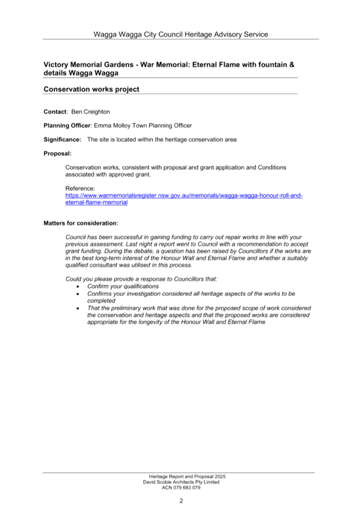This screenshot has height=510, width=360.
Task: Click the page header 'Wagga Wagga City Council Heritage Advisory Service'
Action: (181, 34)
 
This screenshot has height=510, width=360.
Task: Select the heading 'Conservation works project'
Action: (91, 89)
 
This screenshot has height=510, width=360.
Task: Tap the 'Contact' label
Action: (55, 112)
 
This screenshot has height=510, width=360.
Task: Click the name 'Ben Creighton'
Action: (91, 112)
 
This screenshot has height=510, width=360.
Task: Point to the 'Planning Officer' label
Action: (67, 126)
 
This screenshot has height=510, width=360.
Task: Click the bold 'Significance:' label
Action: (63, 140)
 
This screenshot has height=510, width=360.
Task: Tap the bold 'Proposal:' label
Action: (58, 153)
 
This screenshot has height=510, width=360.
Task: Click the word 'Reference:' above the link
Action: (80, 188)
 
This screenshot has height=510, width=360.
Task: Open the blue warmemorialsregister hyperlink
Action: (184, 198)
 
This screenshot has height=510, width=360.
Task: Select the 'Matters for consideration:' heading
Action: (81, 223)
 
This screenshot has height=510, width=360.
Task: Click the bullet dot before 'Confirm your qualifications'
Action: (78, 286)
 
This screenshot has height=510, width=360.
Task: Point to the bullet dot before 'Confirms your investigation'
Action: (78, 294)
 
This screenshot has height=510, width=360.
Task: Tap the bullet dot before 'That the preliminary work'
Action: (78, 309)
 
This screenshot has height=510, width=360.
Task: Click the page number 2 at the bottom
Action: (181, 501)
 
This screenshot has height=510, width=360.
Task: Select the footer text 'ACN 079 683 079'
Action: (181, 488)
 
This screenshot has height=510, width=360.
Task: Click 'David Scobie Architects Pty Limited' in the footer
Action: (181, 482)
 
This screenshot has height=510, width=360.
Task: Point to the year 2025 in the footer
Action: (220, 476)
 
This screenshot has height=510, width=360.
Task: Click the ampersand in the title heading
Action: (291, 65)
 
